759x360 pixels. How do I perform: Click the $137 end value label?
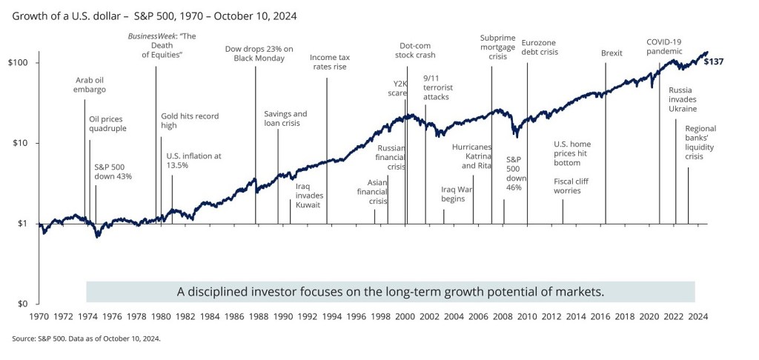click(713, 61)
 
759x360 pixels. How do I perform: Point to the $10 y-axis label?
click(20, 143)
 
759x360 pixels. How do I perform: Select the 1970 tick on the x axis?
click(39, 316)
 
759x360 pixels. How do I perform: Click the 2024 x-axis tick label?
click(697, 316)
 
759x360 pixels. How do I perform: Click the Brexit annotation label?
click(611, 53)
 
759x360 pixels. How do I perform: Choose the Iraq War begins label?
click(453, 194)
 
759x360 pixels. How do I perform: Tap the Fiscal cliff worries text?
click(577, 186)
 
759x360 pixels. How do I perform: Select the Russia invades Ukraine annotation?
click(683, 99)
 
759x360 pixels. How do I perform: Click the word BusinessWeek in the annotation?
click(145, 36)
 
